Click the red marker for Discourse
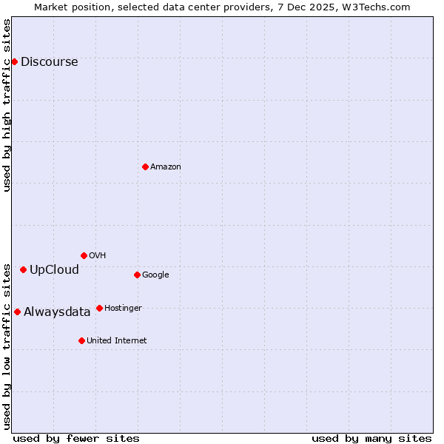pos(14,61)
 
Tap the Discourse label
pos(49,62)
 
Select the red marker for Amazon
pos(145,166)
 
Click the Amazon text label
pos(166,167)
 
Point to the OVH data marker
pos(84,255)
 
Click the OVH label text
pos(98,256)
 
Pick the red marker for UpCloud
pos(23,269)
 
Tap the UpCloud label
pos(54,270)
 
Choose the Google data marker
pos(137,275)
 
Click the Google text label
pos(155,275)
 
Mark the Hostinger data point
pos(99,308)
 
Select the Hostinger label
pos(123,309)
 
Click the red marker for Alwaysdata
pos(17,312)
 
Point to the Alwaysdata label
pos(57,312)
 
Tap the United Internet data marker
pos(81,340)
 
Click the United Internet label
pos(117,341)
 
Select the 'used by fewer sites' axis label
pos(76,438)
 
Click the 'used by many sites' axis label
pos(371,438)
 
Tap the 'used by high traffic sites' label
pos(7,105)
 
